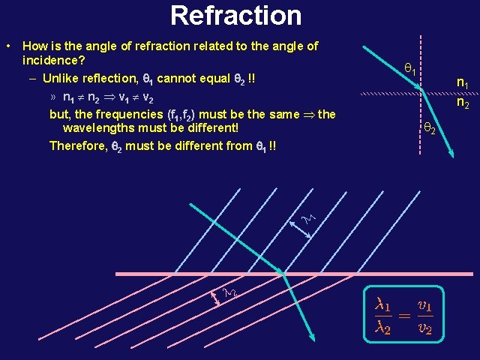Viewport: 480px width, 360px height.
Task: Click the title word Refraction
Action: [x=235, y=15]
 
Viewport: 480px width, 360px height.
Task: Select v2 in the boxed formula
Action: [x=425, y=328]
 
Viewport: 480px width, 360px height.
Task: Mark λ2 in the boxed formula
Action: [x=383, y=328]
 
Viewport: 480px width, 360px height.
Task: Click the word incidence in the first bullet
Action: [x=53, y=60]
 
